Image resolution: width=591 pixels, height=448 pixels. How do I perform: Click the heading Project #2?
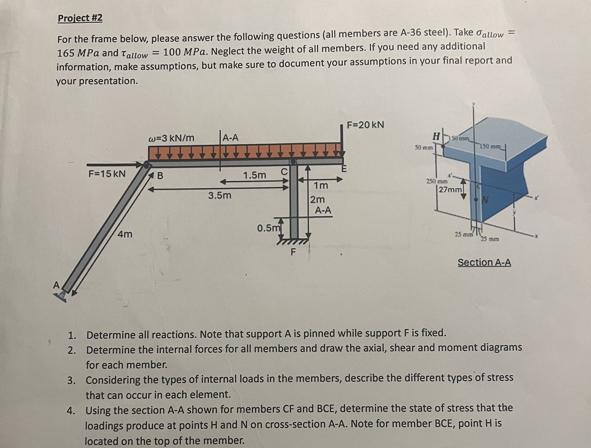80,18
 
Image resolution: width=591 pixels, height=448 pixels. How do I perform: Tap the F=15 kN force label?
107,174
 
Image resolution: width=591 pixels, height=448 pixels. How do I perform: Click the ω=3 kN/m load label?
171,138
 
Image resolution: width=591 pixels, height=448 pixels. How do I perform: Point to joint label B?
160,176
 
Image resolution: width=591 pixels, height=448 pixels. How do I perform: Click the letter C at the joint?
284,171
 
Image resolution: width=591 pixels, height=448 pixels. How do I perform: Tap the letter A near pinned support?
56,285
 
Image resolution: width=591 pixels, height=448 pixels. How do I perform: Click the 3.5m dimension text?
220,195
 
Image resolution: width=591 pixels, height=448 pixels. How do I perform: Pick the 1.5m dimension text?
255,175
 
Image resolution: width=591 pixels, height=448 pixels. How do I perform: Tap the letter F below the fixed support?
293,252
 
